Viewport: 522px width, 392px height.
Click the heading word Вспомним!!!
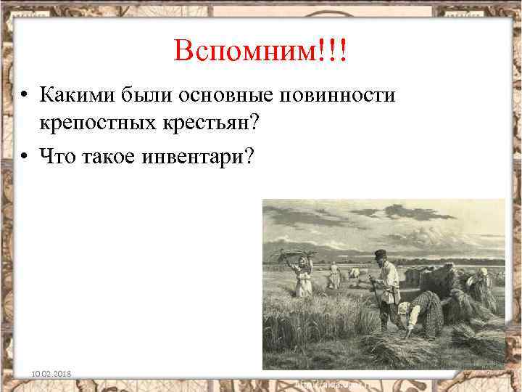coord(260,51)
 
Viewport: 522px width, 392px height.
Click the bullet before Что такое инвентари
coord(25,155)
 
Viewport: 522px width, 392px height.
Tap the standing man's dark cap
coord(380,255)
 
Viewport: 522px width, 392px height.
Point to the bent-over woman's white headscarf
coord(404,309)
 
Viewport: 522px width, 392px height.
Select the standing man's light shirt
coord(387,279)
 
